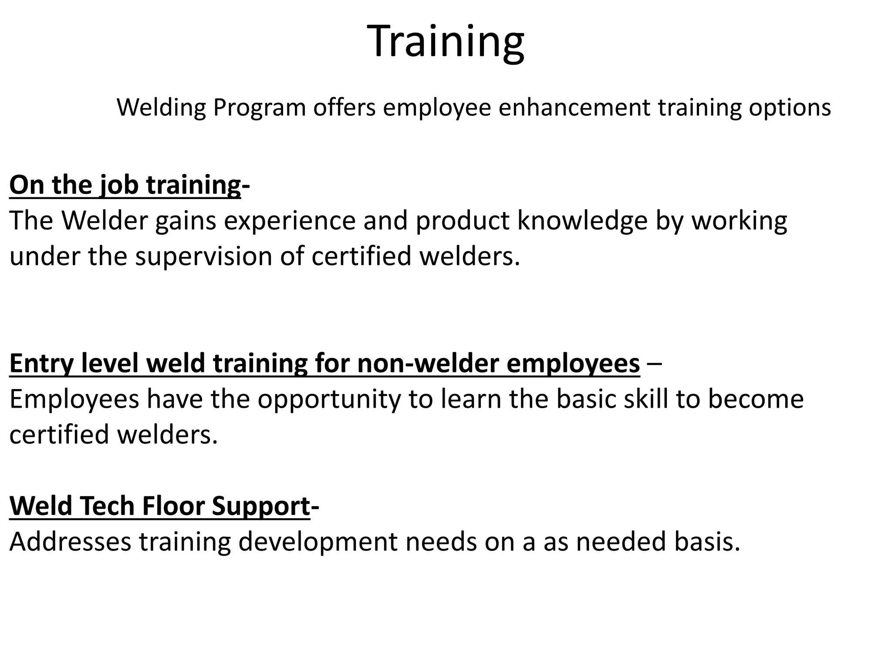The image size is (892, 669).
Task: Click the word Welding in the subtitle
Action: pyautogui.click(x=161, y=108)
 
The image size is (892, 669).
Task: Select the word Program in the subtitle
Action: pyautogui.click(x=260, y=108)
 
